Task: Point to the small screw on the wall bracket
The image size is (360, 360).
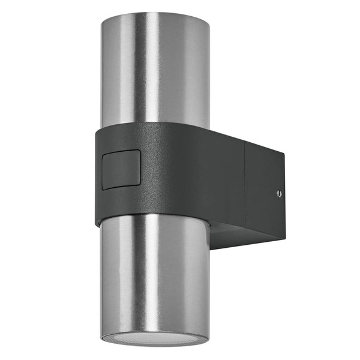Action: coord(278,193)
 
